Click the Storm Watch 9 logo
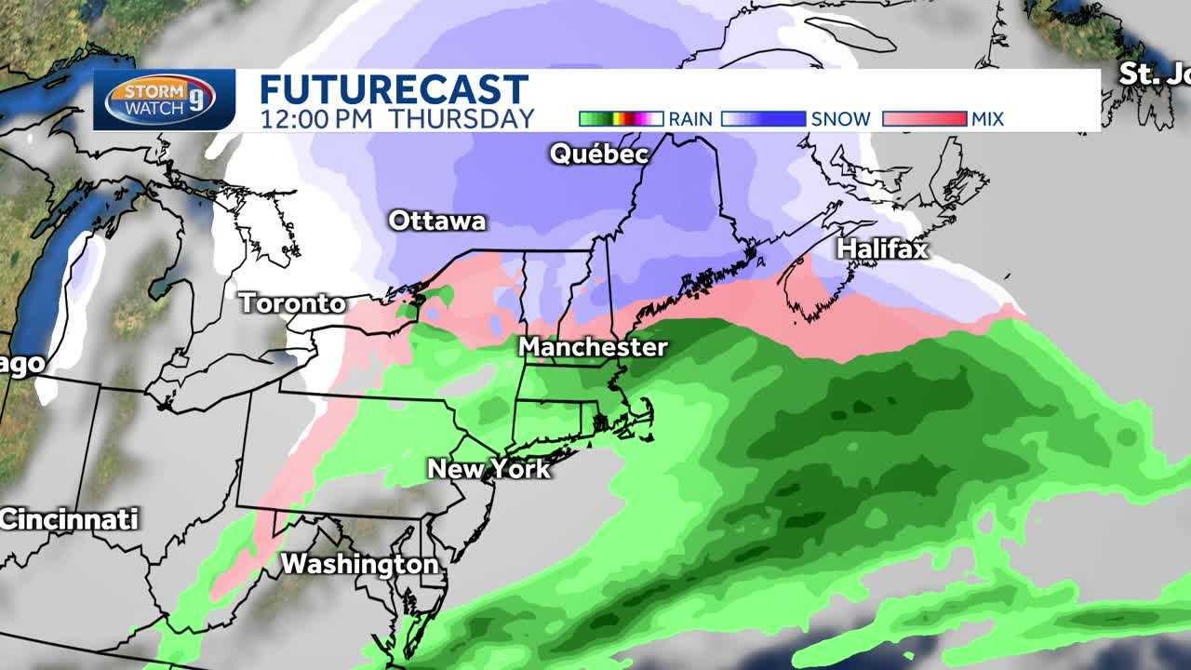pyautogui.click(x=160, y=100)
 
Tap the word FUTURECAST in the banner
pyautogui.click(x=394, y=90)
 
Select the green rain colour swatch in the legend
pyautogui.click(x=621, y=119)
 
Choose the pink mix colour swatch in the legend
pyautogui.click(x=924, y=119)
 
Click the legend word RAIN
pyautogui.click(x=690, y=119)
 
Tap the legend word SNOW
pyautogui.click(x=841, y=119)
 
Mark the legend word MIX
pyautogui.click(x=988, y=119)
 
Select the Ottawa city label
pyautogui.click(x=436, y=221)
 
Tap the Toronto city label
pyautogui.click(x=292, y=303)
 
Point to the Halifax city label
pyautogui.click(x=882, y=248)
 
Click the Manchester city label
pyautogui.click(x=593, y=347)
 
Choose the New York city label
pyautogui.click(x=488, y=468)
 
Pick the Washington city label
pyautogui.click(x=359, y=564)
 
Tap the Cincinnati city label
pyautogui.click(x=69, y=519)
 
